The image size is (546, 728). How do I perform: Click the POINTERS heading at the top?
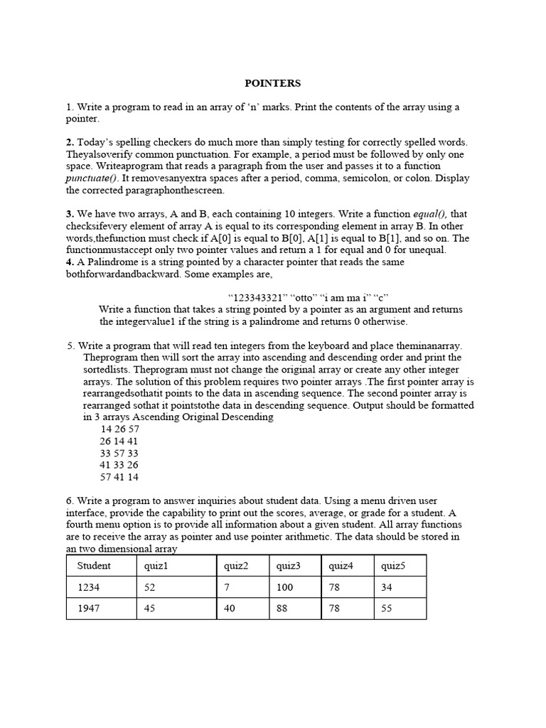(273, 83)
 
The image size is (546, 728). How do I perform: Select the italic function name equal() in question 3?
(431, 214)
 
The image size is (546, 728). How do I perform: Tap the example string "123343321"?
(258, 297)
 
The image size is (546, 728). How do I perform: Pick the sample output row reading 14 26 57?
(119, 429)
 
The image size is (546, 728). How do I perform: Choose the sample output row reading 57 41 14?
(119, 477)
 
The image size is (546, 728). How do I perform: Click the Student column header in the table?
(94, 566)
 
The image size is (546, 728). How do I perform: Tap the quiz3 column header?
(288, 566)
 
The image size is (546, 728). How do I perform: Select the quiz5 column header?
(393, 566)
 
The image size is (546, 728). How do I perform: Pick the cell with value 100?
(284, 587)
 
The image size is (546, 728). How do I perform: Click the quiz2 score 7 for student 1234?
(227, 587)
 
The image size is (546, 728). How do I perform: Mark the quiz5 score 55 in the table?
(387, 608)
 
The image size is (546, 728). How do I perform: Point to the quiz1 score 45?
(149, 608)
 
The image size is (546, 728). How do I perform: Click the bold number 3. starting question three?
(70, 214)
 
